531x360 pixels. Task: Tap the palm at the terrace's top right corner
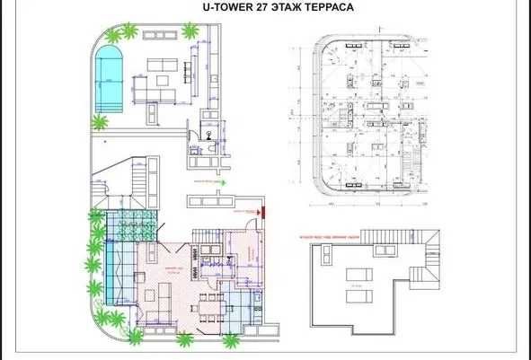(x=190, y=31)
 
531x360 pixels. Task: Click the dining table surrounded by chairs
(x=209, y=302)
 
